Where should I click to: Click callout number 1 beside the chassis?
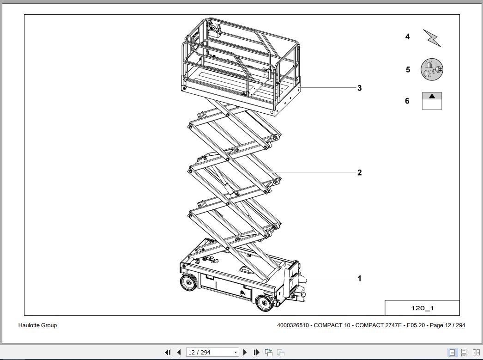click(x=359, y=278)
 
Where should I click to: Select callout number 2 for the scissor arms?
click(x=359, y=172)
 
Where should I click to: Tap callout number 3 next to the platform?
click(x=359, y=88)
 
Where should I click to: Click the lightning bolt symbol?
click(x=432, y=38)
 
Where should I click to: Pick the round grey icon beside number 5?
click(x=432, y=69)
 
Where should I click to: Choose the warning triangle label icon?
click(x=432, y=101)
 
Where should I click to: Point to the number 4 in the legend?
click(x=407, y=37)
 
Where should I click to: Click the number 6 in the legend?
click(x=407, y=101)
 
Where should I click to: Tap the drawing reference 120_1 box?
click(x=422, y=308)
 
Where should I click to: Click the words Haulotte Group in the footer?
click(x=37, y=325)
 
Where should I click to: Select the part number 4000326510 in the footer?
click(x=293, y=325)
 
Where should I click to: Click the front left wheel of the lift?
click(x=188, y=282)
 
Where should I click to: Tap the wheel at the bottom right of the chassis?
click(x=264, y=303)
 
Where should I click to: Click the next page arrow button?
click(x=245, y=353)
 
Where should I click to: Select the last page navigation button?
click(x=256, y=353)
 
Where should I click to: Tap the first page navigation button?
click(x=168, y=353)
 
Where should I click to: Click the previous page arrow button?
click(x=179, y=353)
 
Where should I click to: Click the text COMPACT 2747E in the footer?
click(x=378, y=325)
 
